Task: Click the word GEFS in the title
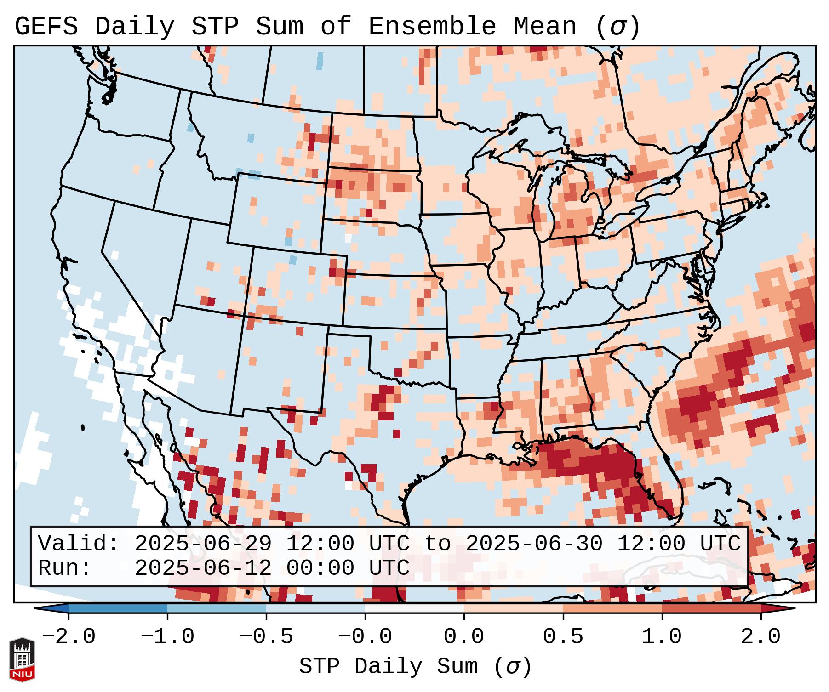pyautogui.click(x=46, y=27)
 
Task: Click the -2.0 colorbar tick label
pyautogui.click(x=69, y=637)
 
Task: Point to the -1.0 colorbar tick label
pyautogui.click(x=167, y=637)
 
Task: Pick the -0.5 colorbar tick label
pyautogui.click(x=266, y=637)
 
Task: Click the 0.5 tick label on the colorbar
pyautogui.click(x=563, y=637)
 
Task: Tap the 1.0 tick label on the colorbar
pyautogui.click(x=662, y=637)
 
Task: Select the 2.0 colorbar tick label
pyautogui.click(x=760, y=637)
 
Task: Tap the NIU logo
pyautogui.click(x=22, y=659)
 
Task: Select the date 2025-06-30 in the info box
pyautogui.click(x=534, y=544)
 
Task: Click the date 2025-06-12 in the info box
pyautogui.click(x=203, y=568)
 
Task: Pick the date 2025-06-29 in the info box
pyautogui.click(x=203, y=544)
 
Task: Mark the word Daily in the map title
pyautogui.click(x=135, y=27)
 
